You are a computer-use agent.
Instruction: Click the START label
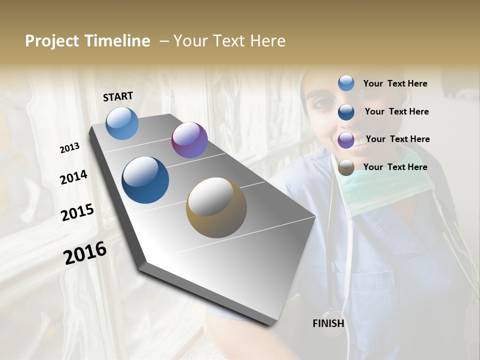(x=118, y=96)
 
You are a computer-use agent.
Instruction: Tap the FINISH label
(x=328, y=323)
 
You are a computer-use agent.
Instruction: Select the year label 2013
(x=69, y=148)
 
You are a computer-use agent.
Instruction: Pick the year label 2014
(x=73, y=177)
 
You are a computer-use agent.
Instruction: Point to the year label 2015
(x=77, y=212)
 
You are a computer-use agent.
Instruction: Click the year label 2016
(x=85, y=253)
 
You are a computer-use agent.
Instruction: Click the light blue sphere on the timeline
(x=122, y=123)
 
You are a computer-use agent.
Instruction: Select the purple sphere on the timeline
(x=189, y=140)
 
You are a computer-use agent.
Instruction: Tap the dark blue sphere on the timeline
(x=145, y=180)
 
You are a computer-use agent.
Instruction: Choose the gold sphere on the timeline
(x=216, y=207)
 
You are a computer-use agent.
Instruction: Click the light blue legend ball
(x=346, y=83)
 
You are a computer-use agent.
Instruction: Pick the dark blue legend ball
(x=346, y=111)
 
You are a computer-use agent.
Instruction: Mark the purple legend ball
(x=346, y=139)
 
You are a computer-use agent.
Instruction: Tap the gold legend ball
(x=346, y=167)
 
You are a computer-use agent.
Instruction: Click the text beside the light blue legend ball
(x=395, y=83)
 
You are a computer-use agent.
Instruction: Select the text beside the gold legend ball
(x=395, y=167)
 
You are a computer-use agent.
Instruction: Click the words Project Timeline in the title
(x=87, y=41)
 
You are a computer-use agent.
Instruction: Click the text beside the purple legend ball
(x=397, y=139)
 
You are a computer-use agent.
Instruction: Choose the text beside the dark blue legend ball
(x=396, y=111)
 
